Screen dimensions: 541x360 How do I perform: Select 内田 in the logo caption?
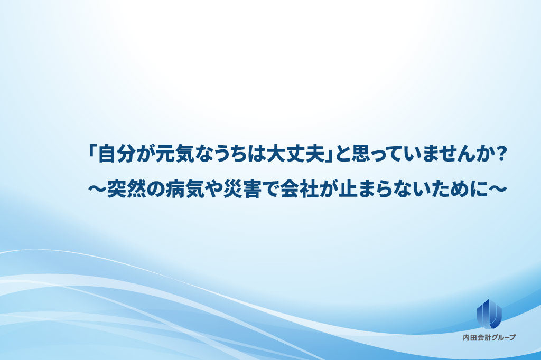(469, 338)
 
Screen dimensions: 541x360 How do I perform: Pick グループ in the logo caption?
(502, 338)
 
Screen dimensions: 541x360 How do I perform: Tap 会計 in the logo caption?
(483, 338)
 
